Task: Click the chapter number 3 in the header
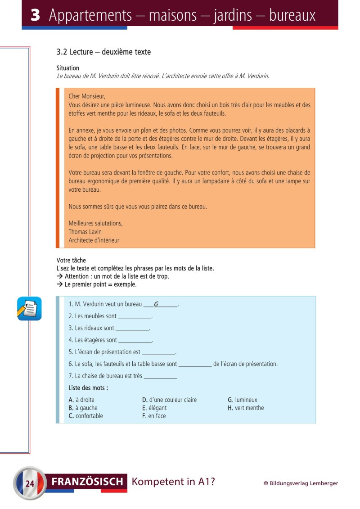(x=36, y=15)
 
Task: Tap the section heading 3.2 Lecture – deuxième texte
(x=103, y=52)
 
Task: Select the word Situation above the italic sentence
(x=68, y=68)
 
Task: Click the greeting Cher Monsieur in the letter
(x=87, y=96)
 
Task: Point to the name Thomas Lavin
(x=85, y=232)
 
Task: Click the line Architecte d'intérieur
(x=94, y=240)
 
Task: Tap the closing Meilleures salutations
(x=95, y=223)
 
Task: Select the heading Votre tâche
(x=71, y=261)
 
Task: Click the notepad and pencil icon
(x=30, y=309)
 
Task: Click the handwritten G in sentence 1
(x=156, y=304)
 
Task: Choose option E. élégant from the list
(x=154, y=408)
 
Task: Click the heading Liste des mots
(x=88, y=388)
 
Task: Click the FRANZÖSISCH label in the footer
(x=88, y=482)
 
